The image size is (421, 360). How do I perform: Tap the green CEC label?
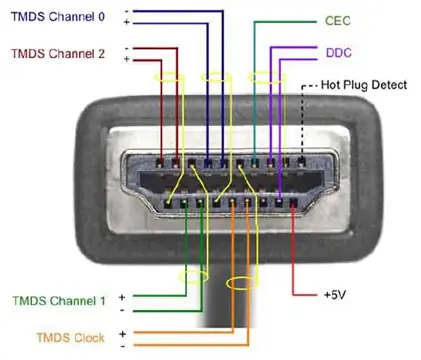339,20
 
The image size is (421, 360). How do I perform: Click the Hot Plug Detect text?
363,85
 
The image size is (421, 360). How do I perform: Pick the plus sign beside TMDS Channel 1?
121,296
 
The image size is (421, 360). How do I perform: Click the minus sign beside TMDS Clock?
121,346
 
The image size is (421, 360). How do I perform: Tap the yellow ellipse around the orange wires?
240,283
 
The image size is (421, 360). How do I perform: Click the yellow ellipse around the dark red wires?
168,77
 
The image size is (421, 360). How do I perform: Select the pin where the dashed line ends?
300,160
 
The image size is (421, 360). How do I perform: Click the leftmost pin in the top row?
162,160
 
